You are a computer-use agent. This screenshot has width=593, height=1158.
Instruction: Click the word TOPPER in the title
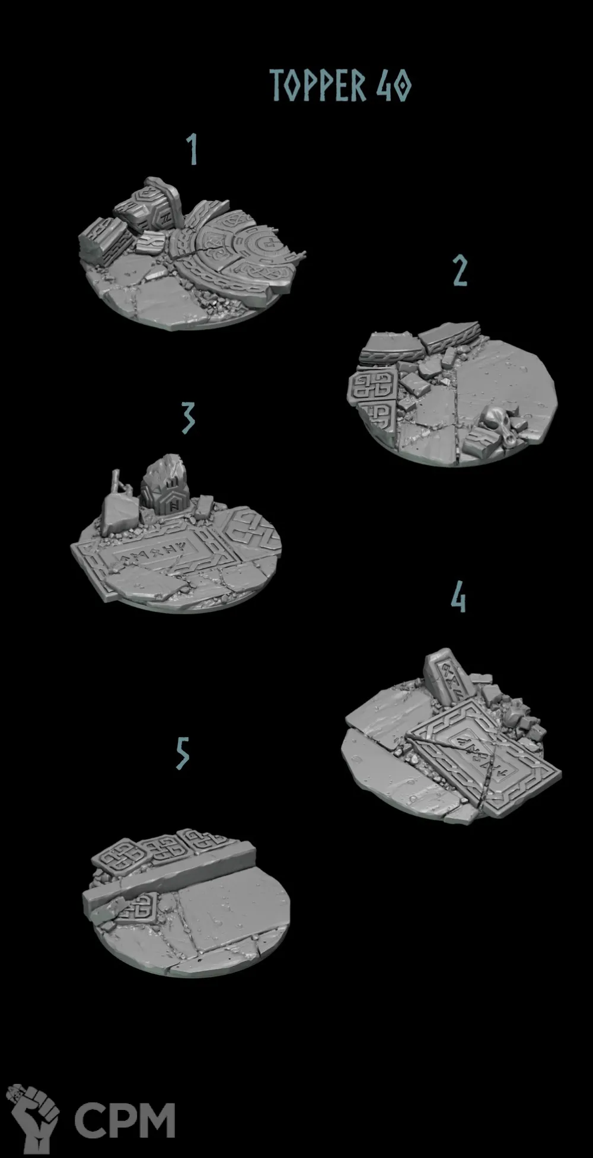point(318,85)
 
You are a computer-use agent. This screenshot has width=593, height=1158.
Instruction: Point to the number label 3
point(188,417)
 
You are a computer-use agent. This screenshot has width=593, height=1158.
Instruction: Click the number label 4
point(458,596)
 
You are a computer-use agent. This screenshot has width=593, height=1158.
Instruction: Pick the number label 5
point(183,753)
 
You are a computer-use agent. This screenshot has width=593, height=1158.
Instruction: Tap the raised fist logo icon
point(33,1116)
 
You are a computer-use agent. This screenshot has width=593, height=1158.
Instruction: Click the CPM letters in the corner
point(125,1119)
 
